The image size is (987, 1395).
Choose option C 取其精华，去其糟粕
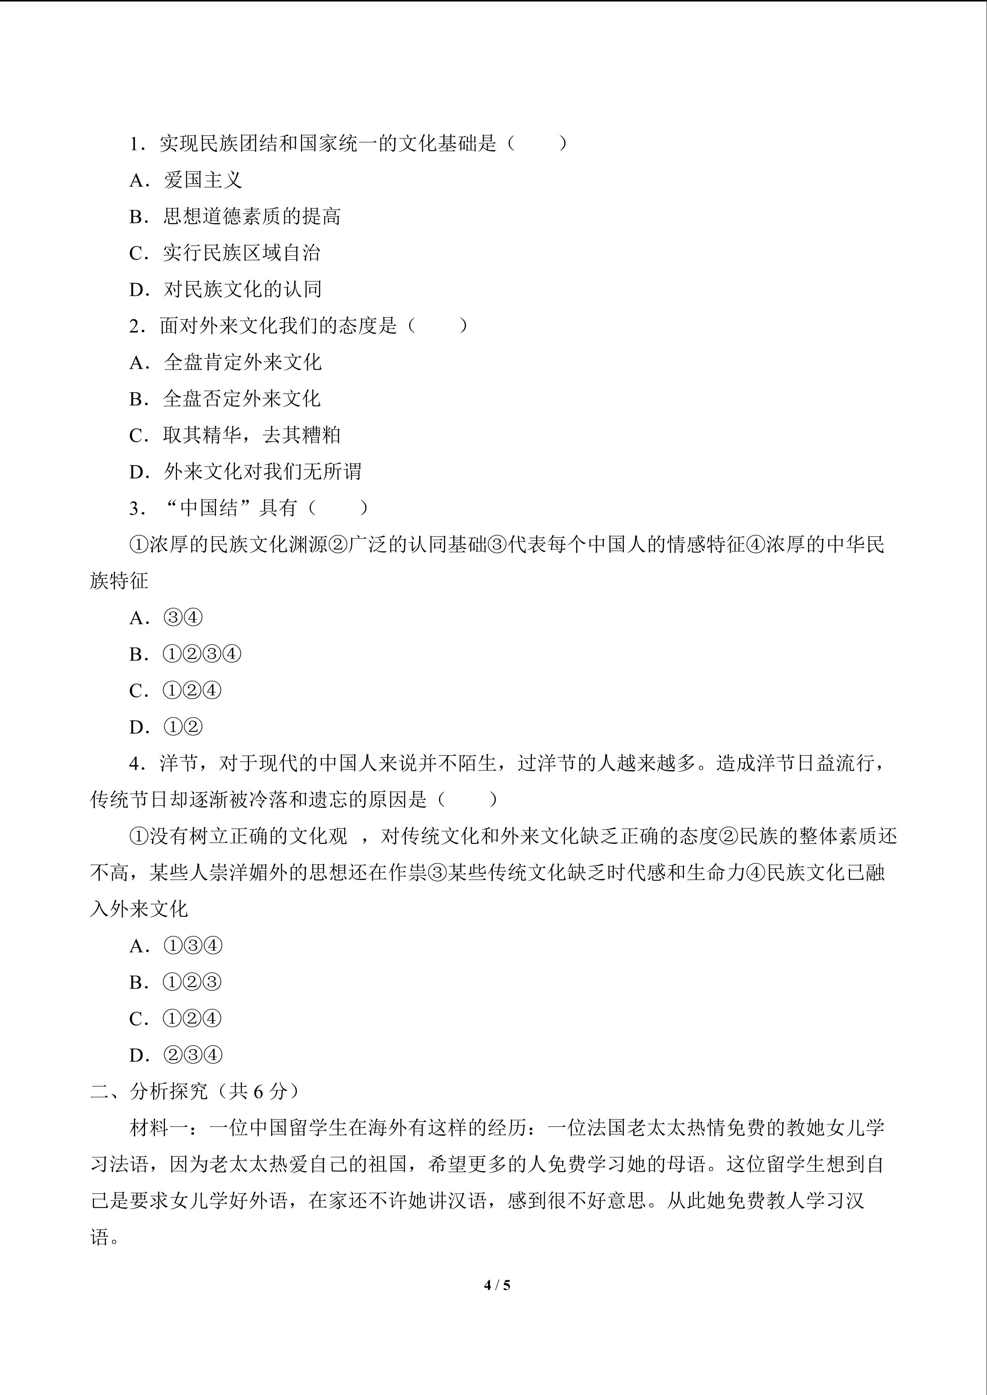point(235,435)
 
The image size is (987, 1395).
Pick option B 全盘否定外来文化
point(225,399)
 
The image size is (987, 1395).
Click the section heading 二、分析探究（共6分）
point(194,1091)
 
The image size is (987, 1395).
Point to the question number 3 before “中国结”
point(135,508)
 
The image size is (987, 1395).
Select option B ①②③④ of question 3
point(185,654)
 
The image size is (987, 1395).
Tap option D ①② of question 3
point(166,727)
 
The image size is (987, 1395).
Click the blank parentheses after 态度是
point(438,326)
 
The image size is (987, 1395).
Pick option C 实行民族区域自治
point(225,253)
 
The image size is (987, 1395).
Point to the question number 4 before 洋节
point(135,764)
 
